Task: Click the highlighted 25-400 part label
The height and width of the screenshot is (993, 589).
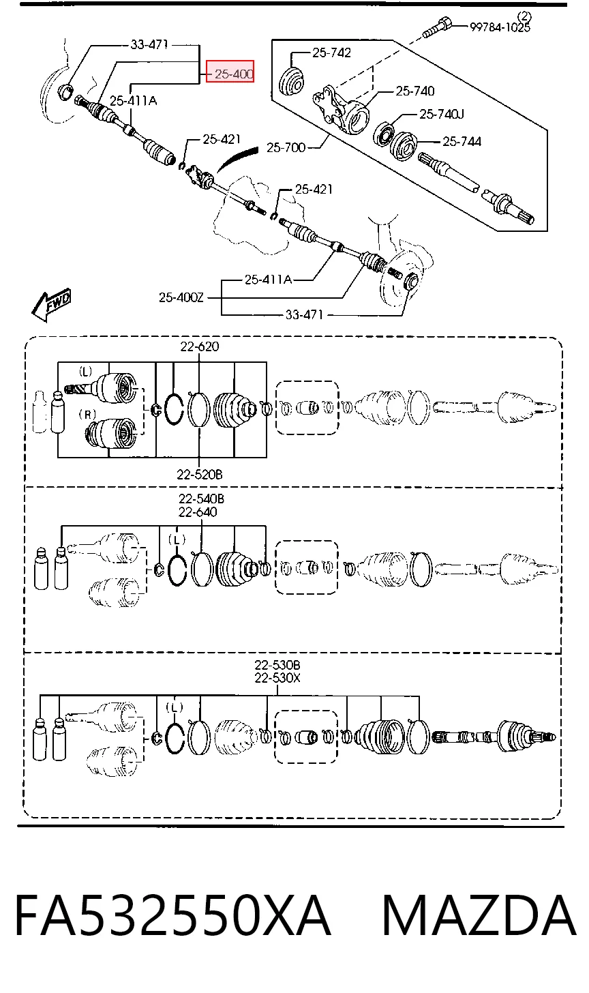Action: (x=230, y=74)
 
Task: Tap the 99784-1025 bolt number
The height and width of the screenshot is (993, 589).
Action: (x=500, y=27)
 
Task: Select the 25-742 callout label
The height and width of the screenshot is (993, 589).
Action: (x=331, y=53)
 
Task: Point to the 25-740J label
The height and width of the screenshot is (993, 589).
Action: (x=442, y=115)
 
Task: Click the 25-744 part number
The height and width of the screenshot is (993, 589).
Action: (x=462, y=141)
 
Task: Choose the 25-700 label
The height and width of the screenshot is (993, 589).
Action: (x=286, y=147)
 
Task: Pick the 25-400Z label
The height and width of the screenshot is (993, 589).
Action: (x=181, y=297)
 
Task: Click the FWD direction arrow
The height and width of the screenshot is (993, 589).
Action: (x=51, y=305)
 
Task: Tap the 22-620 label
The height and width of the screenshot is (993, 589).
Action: (x=200, y=346)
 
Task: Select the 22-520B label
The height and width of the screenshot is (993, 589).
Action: (x=200, y=475)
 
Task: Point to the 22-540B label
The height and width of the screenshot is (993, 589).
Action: (x=202, y=499)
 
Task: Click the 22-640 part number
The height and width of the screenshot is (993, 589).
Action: (x=198, y=512)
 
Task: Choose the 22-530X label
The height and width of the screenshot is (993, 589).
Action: (x=277, y=678)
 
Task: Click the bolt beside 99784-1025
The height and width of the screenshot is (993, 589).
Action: (x=437, y=27)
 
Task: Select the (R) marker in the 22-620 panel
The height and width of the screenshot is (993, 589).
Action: (x=87, y=415)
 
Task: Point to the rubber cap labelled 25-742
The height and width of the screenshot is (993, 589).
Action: (x=291, y=81)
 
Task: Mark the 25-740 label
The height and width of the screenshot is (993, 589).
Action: (x=415, y=91)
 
